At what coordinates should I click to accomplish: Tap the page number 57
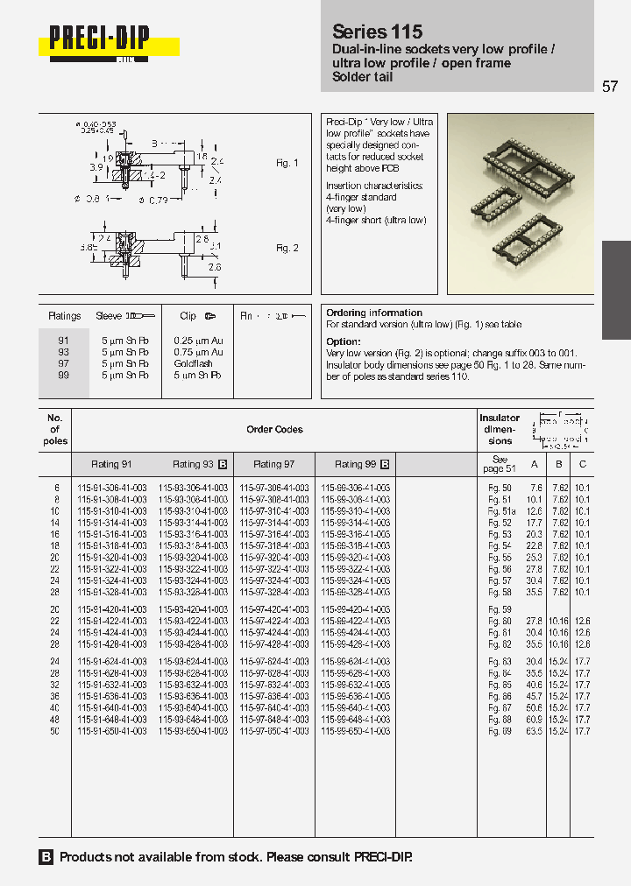[x=610, y=86]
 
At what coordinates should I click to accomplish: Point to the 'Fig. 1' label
[x=287, y=163]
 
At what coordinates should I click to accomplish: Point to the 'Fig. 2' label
[x=287, y=248]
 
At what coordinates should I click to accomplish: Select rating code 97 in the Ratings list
[x=63, y=363]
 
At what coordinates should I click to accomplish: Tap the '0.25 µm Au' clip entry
[x=198, y=341]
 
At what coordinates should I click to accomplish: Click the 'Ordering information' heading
[x=374, y=313]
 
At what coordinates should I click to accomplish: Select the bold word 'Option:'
[x=344, y=341]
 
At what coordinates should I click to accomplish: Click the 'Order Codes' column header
[x=274, y=429]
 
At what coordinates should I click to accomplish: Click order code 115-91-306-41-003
[x=112, y=488]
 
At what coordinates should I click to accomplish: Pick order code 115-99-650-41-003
[x=355, y=730]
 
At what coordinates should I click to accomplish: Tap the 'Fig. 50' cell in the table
[x=500, y=488]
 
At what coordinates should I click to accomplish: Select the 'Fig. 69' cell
[x=500, y=730]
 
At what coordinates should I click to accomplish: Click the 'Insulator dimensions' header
[x=500, y=429]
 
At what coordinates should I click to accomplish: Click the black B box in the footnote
[x=46, y=857]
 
